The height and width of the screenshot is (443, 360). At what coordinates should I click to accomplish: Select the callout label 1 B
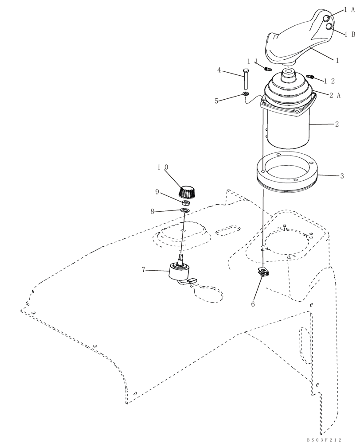(x=349, y=34)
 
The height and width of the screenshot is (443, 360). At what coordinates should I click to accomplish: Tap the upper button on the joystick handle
(x=326, y=18)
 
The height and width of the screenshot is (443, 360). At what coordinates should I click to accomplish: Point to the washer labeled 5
(x=245, y=94)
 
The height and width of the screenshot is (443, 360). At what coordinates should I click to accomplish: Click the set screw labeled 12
(x=310, y=77)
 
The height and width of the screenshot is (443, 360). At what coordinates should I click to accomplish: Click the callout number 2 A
(x=335, y=95)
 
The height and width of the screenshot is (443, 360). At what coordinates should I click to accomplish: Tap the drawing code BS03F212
(x=325, y=439)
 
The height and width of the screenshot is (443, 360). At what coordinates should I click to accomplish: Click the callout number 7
(x=143, y=269)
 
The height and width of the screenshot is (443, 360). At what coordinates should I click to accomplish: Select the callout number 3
(x=341, y=176)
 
